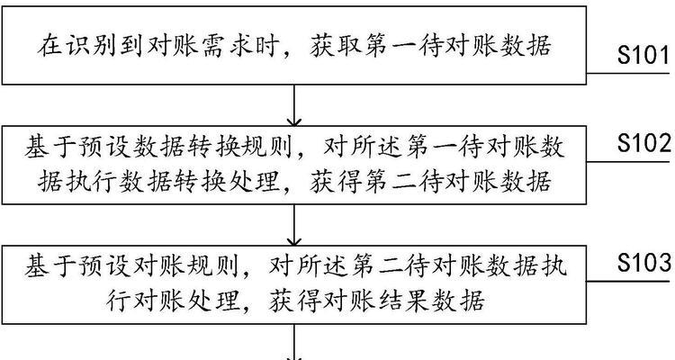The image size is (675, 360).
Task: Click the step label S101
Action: [x=643, y=55]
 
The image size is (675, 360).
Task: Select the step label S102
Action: [x=644, y=143]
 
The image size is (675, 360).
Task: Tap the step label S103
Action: [x=644, y=262]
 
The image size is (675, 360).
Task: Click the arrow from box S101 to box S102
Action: [x=294, y=105]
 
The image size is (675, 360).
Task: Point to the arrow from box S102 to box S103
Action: [x=294, y=225]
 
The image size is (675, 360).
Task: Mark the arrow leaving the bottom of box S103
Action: [x=294, y=342]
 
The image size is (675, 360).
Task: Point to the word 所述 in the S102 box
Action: [x=376, y=148]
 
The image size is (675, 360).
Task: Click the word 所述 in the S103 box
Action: [x=322, y=267]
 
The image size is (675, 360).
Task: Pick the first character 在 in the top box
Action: [x=49, y=46]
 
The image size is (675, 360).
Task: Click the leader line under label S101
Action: [x=628, y=74]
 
